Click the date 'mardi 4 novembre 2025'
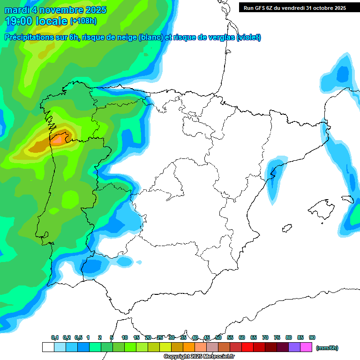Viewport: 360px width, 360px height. [x=55, y=10]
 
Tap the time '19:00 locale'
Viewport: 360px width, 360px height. [x=37, y=21]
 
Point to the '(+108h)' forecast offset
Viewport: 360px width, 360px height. [x=83, y=21]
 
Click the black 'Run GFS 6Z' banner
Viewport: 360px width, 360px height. [x=294, y=7]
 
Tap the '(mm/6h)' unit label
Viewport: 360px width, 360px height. [x=327, y=348]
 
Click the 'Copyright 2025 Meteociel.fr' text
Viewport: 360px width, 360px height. [x=199, y=357]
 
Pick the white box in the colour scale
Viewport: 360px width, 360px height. [x=48, y=347]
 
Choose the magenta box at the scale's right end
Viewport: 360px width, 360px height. [x=306, y=347]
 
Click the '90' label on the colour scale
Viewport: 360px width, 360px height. [x=312, y=337]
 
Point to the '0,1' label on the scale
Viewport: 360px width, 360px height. [x=55, y=337]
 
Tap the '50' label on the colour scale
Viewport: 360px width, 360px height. [x=218, y=337]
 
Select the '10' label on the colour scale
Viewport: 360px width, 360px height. [x=125, y=337]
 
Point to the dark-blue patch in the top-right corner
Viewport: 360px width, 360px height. [x=343, y=74]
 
